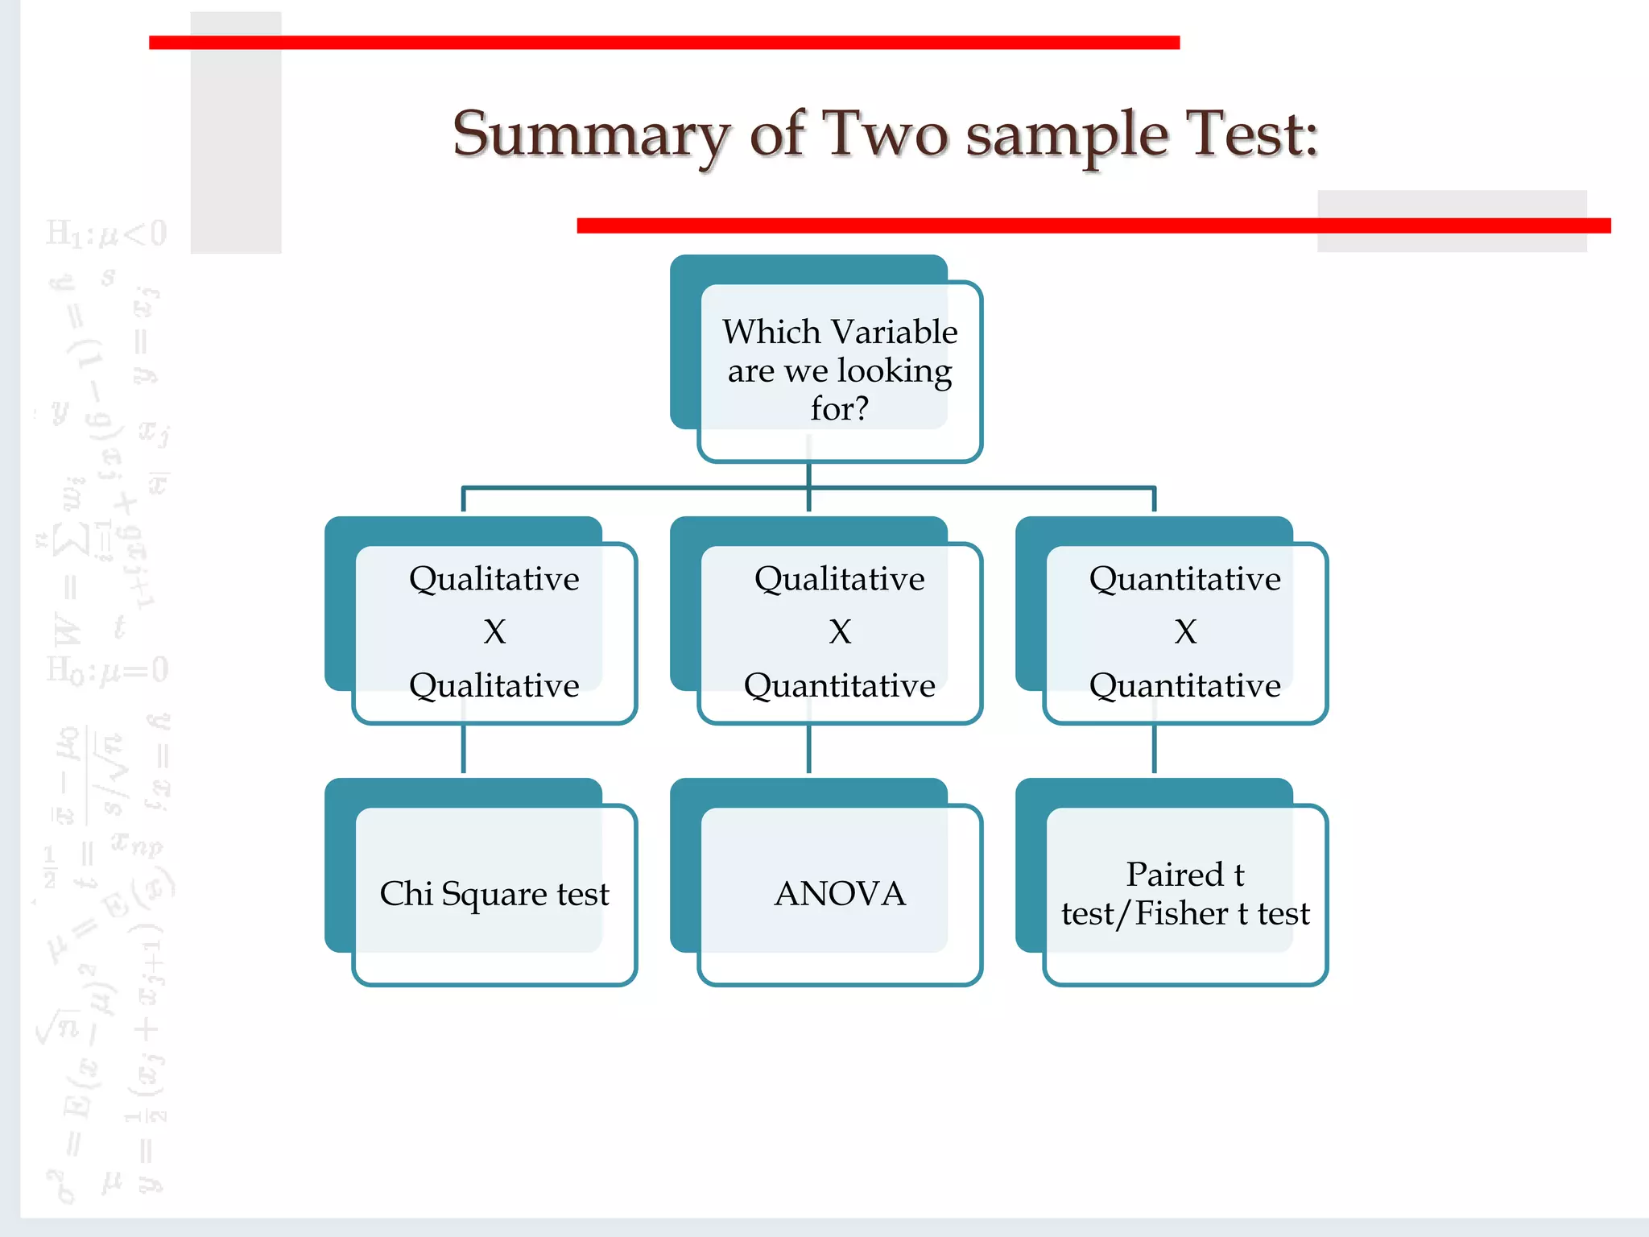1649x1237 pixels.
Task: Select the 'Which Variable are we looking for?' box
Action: [x=839, y=370]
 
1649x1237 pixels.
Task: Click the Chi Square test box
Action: [x=494, y=894]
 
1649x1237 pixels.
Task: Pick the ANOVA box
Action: [x=839, y=894]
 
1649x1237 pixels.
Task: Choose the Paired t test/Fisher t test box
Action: [x=1184, y=894]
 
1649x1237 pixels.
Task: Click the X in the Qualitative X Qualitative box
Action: [x=494, y=632]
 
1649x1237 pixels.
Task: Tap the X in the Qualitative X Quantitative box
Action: [x=840, y=632]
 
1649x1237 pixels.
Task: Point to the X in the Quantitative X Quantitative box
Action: [x=1185, y=632]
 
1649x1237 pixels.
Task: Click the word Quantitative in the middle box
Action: [x=839, y=686]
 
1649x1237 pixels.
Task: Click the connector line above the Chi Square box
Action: [x=464, y=749]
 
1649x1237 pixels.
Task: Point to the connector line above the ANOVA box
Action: [x=809, y=749]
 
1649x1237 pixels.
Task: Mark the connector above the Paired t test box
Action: [x=1155, y=749]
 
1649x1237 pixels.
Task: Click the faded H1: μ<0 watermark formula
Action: [x=106, y=234]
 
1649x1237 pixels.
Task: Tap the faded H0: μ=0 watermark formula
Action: [x=107, y=670]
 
